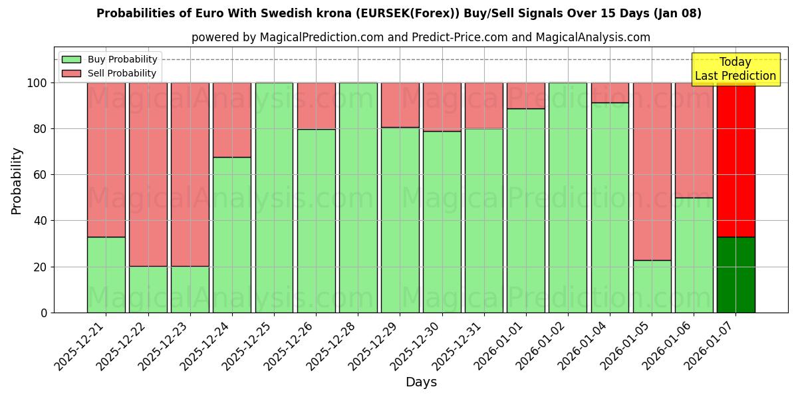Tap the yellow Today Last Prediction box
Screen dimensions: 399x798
point(735,69)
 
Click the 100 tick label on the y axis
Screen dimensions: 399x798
point(37,83)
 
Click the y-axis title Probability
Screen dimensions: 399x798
point(17,181)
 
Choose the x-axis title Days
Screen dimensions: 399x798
point(421,382)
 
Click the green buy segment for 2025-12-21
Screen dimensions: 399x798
point(106,275)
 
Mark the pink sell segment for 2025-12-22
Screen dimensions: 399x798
point(148,174)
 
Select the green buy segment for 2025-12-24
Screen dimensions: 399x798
point(232,235)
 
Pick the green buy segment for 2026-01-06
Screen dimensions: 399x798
point(694,255)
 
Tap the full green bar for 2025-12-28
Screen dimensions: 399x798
point(358,198)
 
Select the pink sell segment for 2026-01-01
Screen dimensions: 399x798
point(526,96)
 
